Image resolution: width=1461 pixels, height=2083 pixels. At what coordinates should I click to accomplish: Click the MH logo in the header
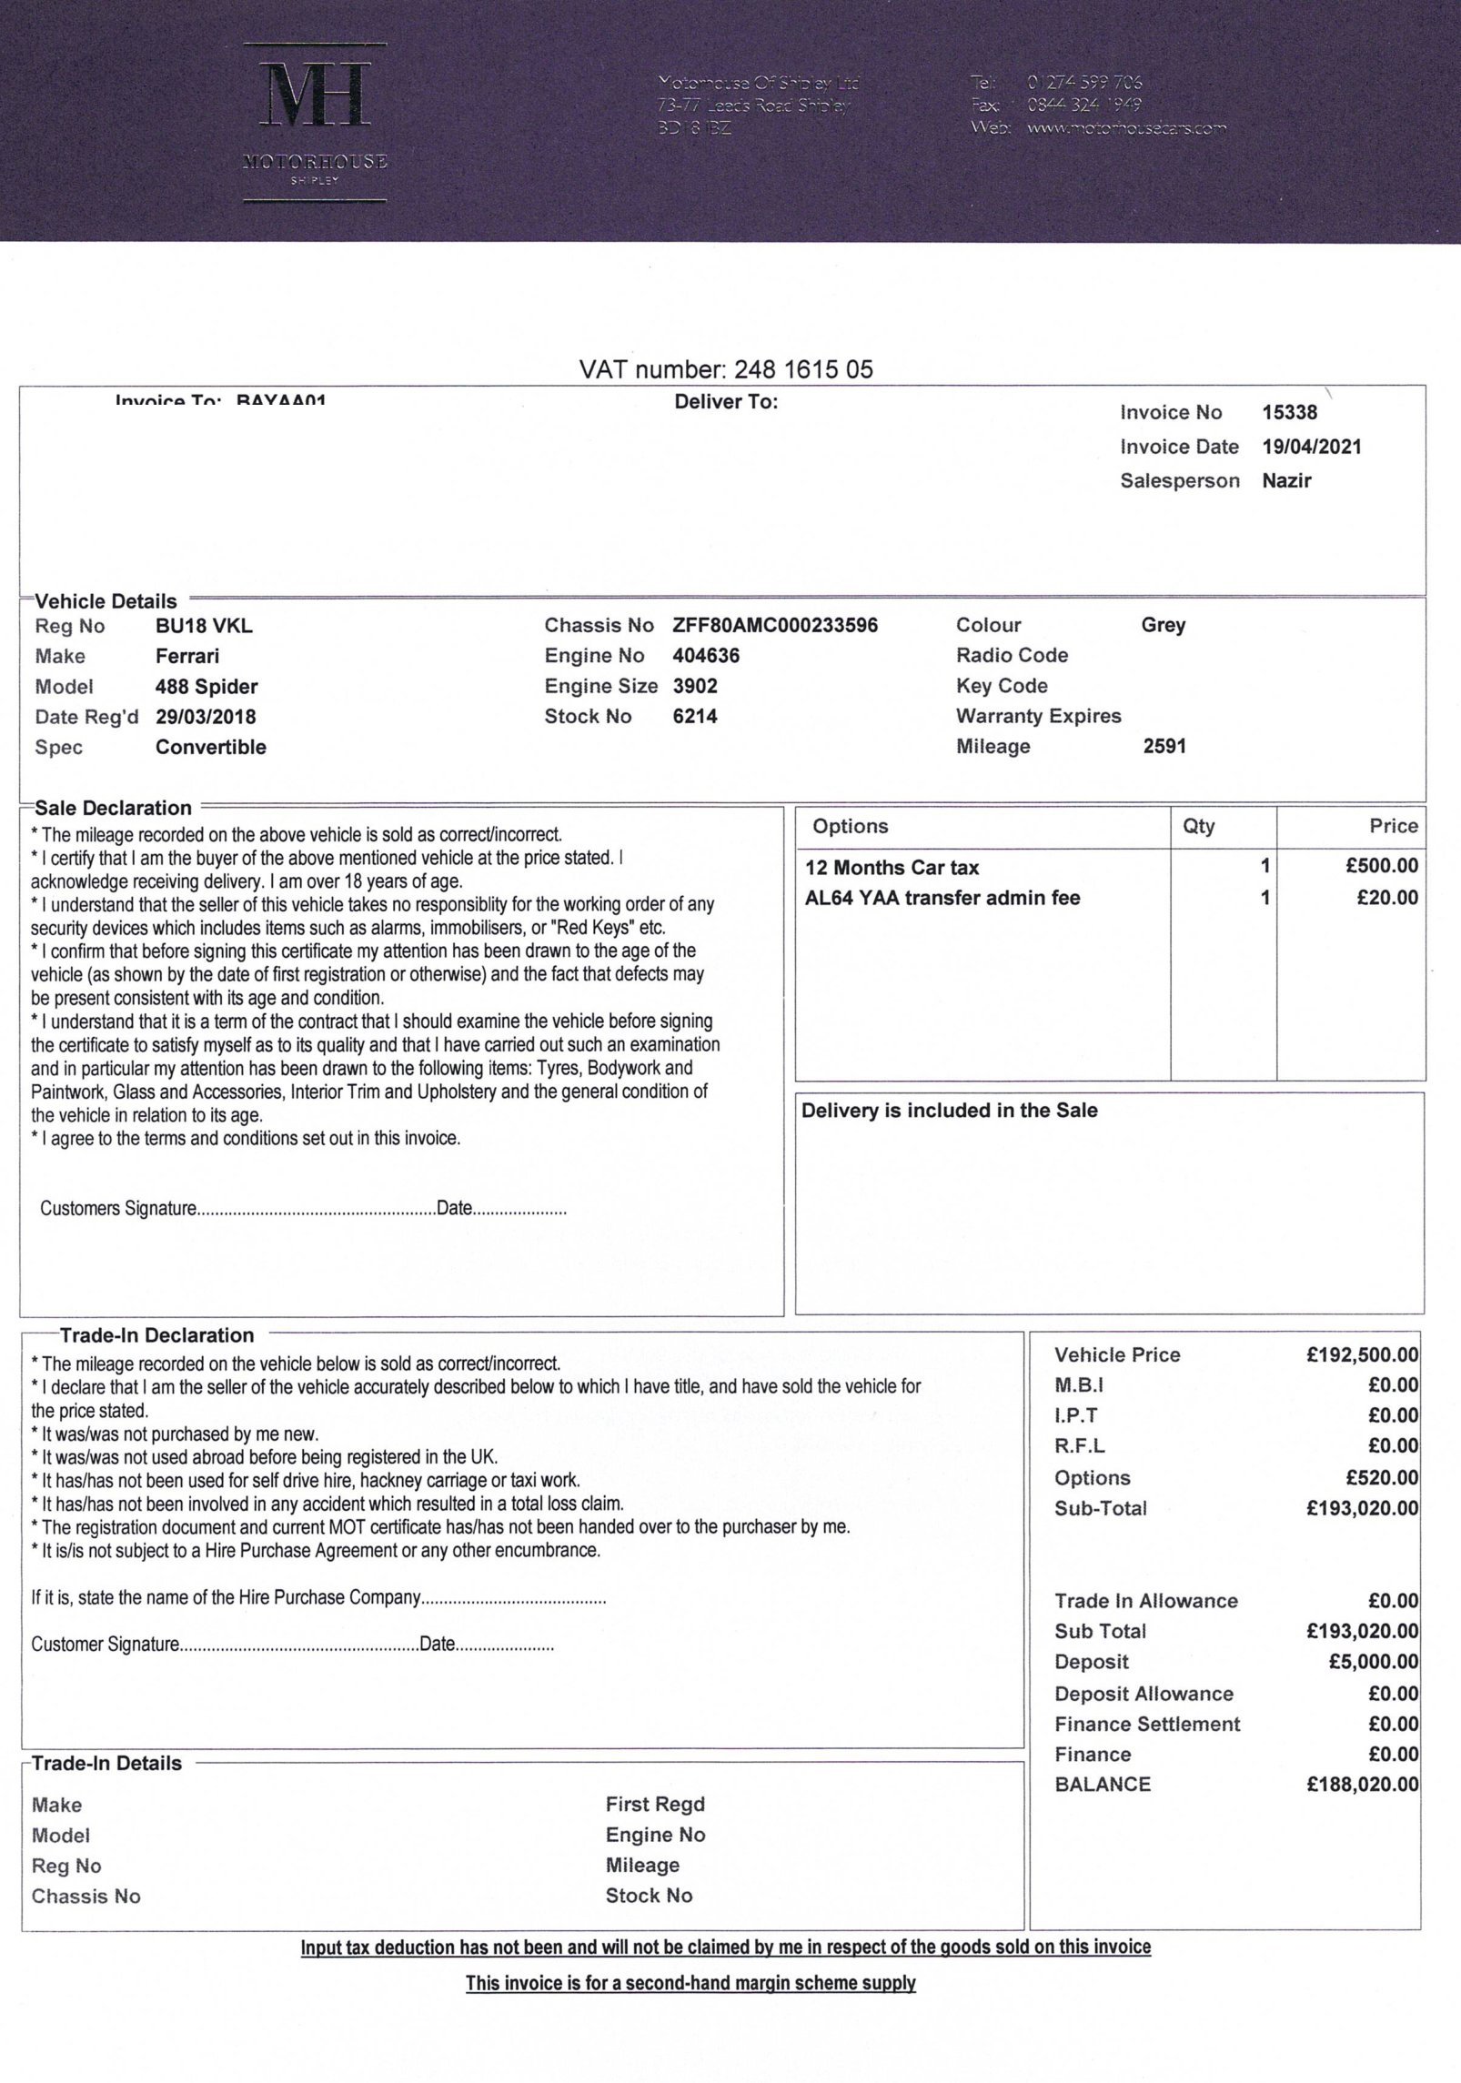click(316, 95)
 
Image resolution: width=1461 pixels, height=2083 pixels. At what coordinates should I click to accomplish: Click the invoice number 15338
click(1289, 413)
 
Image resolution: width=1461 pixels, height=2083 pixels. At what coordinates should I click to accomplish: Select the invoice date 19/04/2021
click(1311, 447)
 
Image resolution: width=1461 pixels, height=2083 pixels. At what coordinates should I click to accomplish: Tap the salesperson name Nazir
click(1286, 481)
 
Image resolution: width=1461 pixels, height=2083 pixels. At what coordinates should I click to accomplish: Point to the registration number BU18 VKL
click(204, 626)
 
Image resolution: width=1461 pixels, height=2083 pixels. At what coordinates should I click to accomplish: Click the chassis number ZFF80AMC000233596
click(775, 626)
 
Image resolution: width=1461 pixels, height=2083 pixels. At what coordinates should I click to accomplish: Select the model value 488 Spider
click(207, 687)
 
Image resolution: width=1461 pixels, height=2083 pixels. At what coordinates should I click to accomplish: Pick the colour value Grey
click(1163, 626)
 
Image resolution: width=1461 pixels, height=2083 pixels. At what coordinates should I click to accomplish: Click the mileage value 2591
click(1164, 747)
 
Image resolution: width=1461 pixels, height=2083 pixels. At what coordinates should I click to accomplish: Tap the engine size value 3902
click(694, 687)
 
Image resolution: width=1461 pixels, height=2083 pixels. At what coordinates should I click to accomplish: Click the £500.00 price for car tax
click(1381, 867)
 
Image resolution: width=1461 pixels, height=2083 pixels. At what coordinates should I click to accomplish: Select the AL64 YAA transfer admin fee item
click(942, 898)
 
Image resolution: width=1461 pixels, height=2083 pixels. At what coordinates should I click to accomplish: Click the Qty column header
click(1198, 826)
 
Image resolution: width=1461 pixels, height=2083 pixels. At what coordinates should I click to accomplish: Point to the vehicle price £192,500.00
click(1362, 1355)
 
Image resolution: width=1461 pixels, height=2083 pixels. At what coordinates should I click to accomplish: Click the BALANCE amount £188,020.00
click(1362, 1785)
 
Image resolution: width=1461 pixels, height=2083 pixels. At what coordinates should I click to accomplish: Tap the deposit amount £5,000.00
click(1373, 1662)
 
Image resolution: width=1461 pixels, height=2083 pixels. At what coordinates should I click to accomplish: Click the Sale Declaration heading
click(113, 808)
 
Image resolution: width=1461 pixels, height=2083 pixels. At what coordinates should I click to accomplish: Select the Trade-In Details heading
click(106, 1763)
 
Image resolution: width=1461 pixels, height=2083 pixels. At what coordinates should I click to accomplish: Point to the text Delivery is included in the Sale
click(949, 1111)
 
